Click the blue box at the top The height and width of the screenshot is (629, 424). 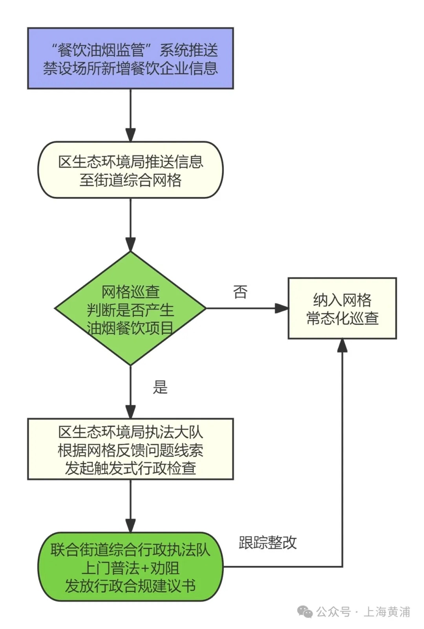coord(130,58)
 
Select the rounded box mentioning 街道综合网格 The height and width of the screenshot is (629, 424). coord(130,170)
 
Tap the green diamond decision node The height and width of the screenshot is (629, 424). coord(130,309)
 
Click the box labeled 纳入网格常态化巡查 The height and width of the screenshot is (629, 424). coord(342,308)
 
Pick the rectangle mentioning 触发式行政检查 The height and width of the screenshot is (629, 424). coord(130,449)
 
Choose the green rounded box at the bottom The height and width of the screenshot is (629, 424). coord(130,567)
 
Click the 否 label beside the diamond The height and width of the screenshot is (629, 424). coord(240,292)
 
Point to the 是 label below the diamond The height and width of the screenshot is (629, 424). coord(160,387)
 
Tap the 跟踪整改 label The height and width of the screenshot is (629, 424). coord(268,543)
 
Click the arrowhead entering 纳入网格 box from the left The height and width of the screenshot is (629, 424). coord(282,308)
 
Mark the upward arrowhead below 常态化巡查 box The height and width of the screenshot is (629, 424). coord(342,345)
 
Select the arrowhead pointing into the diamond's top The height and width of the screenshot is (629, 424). coord(130,244)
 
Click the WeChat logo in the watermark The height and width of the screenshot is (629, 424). coord(305,612)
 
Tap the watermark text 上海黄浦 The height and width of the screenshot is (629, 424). coord(387,612)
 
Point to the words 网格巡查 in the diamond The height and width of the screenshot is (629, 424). coord(130,292)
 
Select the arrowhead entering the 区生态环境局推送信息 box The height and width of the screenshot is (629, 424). coord(130,135)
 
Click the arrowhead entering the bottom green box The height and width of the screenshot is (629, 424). coord(130,526)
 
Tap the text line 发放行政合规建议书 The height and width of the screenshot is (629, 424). coord(130,586)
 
